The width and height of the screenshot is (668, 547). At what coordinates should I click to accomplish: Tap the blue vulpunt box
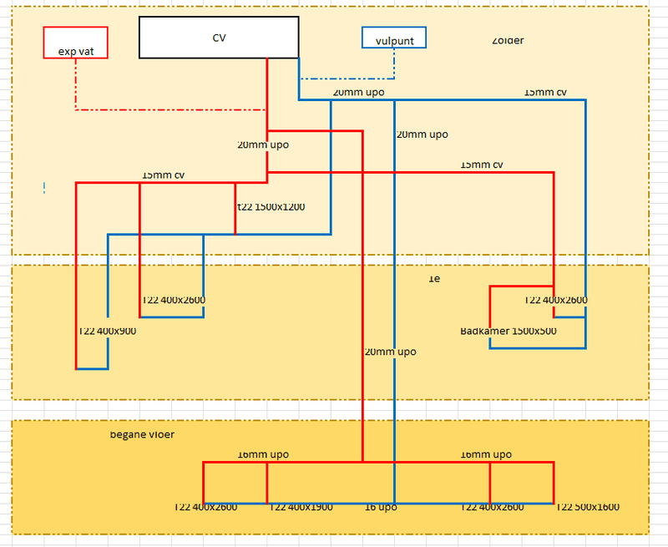[x=393, y=38]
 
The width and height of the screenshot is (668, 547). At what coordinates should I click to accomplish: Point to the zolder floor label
[x=508, y=40]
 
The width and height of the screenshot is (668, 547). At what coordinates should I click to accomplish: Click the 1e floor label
[x=433, y=279]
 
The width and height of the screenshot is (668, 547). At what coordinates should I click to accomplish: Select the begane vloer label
[x=142, y=434]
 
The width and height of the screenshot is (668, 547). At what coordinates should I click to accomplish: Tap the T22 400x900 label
[x=107, y=331]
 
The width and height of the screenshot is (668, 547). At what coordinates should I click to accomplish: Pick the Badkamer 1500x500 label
[x=509, y=331]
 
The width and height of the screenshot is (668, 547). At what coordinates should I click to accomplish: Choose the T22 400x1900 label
[x=301, y=507]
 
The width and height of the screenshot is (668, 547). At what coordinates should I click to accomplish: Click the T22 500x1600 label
[x=588, y=507]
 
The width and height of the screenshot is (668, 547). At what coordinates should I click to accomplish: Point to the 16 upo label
[x=381, y=507]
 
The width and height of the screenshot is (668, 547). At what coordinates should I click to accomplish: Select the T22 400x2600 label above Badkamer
[x=555, y=300]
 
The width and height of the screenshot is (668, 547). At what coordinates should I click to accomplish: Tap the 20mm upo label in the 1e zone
[x=390, y=352]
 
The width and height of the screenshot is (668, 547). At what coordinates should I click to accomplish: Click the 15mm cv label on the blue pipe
[x=544, y=92]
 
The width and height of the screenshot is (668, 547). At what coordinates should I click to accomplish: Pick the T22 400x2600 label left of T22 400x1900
[x=205, y=507]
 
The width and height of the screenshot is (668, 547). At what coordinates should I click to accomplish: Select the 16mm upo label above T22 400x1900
[x=263, y=454]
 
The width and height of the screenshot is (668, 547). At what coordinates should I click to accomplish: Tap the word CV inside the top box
[x=219, y=38]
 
